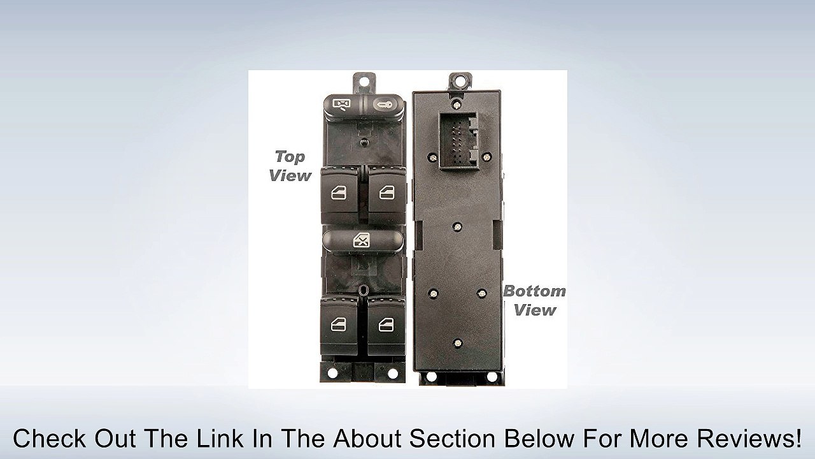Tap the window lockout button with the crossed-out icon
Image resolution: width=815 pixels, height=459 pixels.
pos(363,240)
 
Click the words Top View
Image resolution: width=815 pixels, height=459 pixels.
pos(290,166)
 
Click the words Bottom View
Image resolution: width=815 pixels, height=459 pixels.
pos(534,301)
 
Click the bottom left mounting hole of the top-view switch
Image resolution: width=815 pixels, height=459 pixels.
pos(332,373)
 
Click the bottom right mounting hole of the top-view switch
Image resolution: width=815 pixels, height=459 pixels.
pos(393,373)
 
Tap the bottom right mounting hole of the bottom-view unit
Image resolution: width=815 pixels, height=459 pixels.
pos(491,376)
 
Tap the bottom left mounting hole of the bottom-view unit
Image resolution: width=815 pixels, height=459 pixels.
pos(431,376)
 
